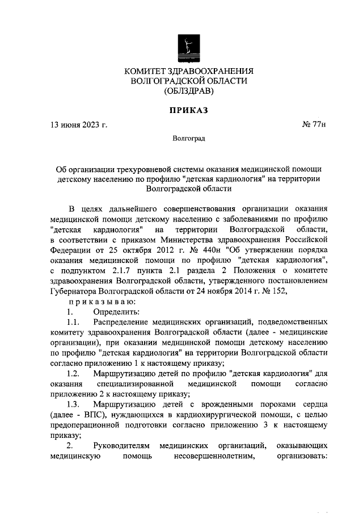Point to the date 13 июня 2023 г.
tap(78, 124)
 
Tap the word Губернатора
tap(74, 290)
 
